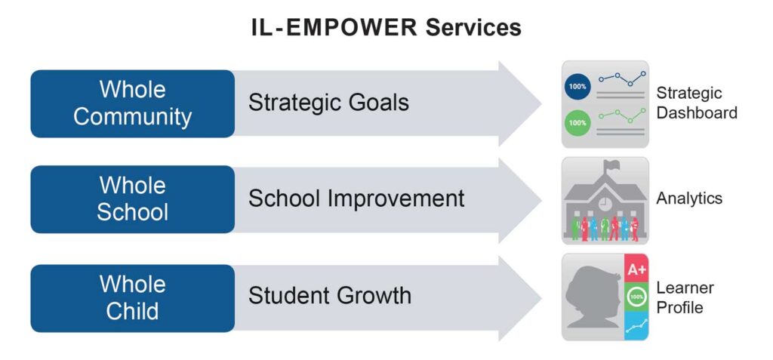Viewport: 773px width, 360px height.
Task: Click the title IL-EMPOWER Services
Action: tap(386, 28)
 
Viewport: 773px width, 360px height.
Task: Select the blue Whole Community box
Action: tap(133, 103)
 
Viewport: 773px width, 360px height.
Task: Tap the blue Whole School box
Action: tap(133, 199)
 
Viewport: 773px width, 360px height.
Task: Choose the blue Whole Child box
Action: tap(133, 298)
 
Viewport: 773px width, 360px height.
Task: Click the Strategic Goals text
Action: tap(328, 103)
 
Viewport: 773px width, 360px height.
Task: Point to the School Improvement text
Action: tap(356, 198)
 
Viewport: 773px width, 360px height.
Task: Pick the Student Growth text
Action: tap(329, 295)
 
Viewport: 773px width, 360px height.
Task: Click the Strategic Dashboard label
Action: tap(697, 103)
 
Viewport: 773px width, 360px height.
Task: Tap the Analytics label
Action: tap(689, 198)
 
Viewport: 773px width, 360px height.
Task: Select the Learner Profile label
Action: tap(685, 297)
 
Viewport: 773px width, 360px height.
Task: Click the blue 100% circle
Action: tap(577, 86)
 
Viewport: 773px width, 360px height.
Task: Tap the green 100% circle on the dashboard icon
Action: tap(577, 122)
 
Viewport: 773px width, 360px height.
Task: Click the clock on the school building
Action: tap(605, 203)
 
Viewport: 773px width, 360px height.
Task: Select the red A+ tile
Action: tap(636, 269)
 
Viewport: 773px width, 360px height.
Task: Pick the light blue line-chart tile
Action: tap(636, 325)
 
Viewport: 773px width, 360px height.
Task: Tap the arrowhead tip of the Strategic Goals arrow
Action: tap(541, 103)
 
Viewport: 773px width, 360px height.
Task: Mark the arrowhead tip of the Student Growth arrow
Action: tap(541, 298)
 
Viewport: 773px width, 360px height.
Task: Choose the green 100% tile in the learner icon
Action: tap(636, 297)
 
